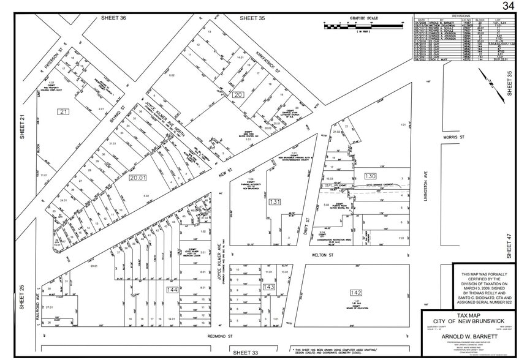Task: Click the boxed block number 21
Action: (64, 111)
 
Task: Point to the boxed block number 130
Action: (370, 176)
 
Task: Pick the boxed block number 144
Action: (172, 289)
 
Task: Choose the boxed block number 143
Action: (269, 287)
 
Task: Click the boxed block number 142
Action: (357, 292)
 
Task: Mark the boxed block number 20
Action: (238, 94)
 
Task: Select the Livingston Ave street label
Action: (424, 183)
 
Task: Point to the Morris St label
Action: (455, 138)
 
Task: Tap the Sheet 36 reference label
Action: (113, 18)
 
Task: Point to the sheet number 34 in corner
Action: (508, 6)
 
